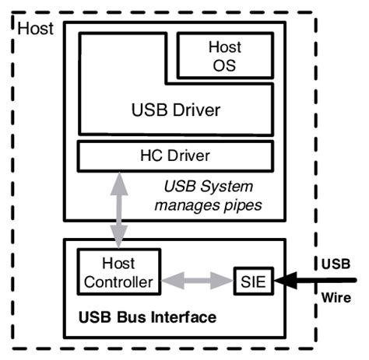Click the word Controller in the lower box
pos(118,282)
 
